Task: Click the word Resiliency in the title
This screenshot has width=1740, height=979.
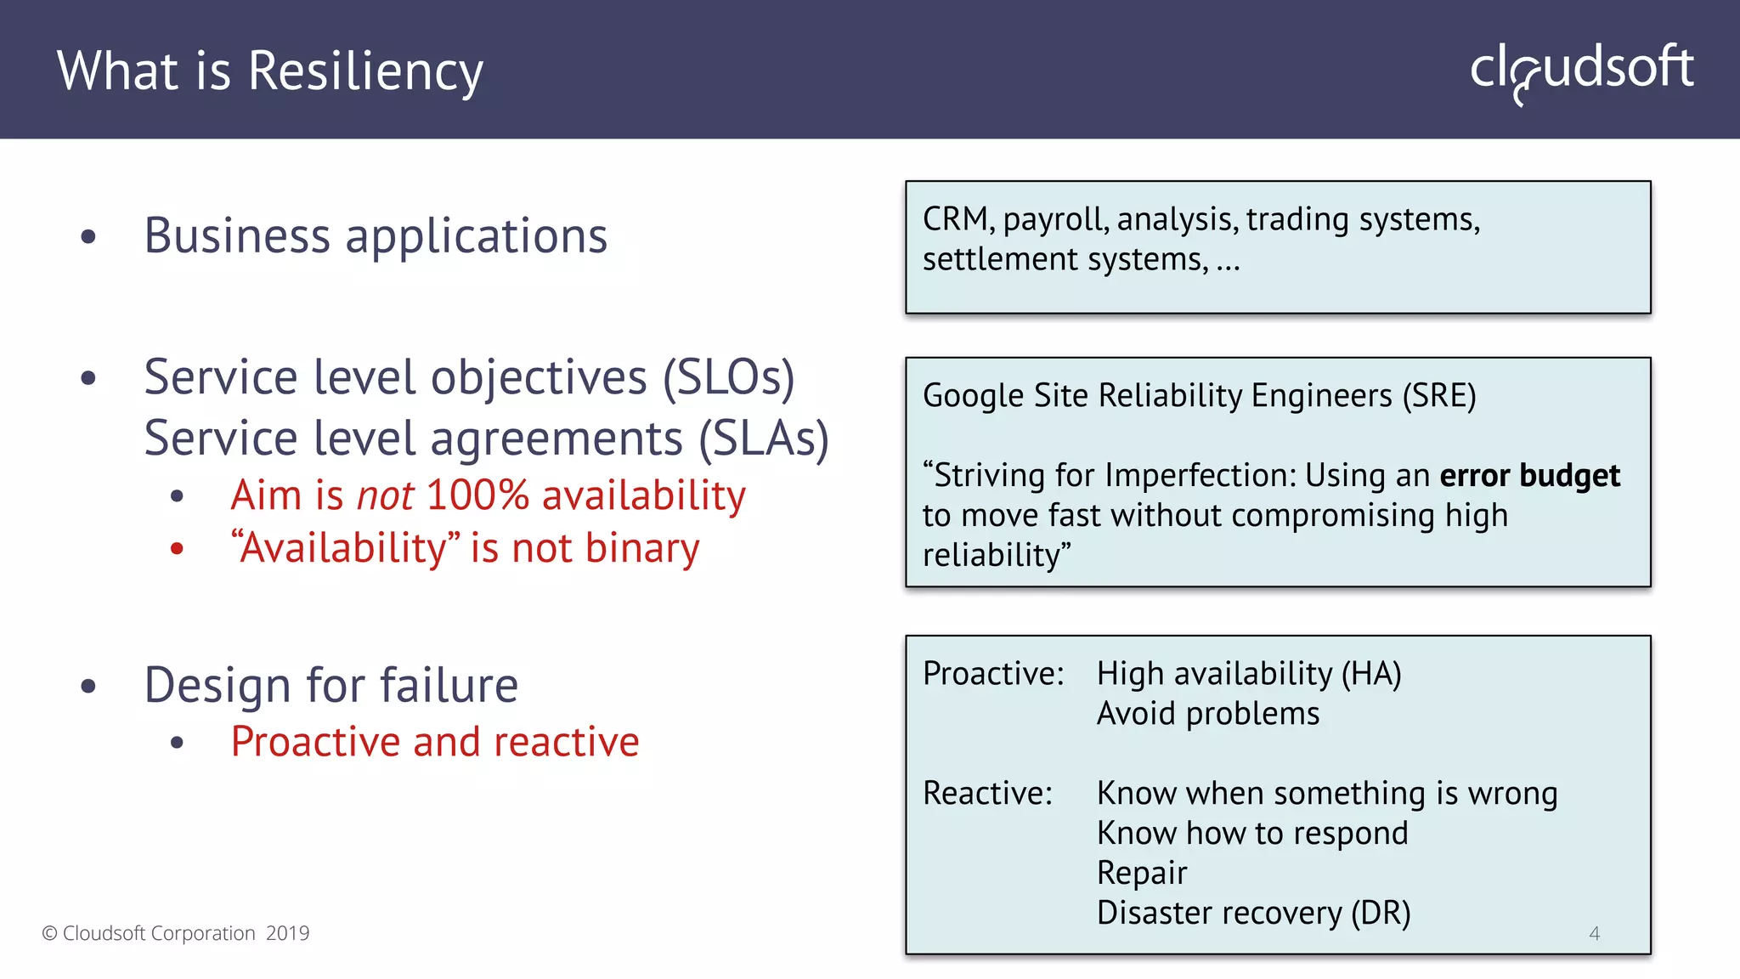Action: (x=365, y=71)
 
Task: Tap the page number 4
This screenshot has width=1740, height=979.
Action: (x=1594, y=933)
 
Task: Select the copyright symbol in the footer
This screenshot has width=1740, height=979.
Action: (x=49, y=933)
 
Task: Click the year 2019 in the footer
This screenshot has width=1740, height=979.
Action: (x=287, y=933)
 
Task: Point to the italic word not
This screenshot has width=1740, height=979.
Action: (x=385, y=495)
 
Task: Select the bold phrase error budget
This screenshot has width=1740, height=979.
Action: (x=1529, y=476)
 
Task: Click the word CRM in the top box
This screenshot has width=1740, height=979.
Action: (x=956, y=219)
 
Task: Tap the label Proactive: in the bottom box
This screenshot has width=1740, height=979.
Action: (x=992, y=674)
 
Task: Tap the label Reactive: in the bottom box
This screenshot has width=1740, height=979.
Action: (x=987, y=794)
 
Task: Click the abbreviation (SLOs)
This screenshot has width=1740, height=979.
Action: (x=728, y=377)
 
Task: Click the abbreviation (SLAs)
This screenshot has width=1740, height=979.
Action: (x=763, y=439)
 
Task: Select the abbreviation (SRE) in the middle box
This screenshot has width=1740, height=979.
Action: (x=1438, y=396)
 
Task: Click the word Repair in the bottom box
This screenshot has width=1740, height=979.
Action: (x=1141, y=874)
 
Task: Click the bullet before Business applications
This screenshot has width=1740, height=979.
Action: (x=88, y=237)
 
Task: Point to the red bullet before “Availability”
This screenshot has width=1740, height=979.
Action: (x=177, y=549)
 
